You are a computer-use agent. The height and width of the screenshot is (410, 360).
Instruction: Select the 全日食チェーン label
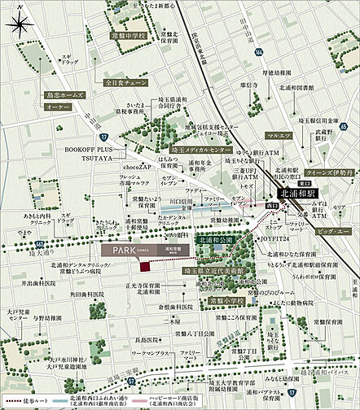pos(124,83)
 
